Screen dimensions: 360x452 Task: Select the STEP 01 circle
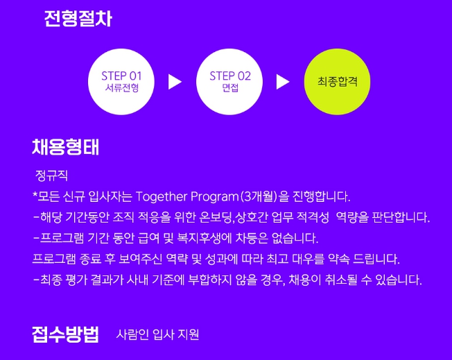122,81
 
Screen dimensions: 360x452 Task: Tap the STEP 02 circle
230,81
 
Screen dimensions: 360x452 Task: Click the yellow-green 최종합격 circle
338,81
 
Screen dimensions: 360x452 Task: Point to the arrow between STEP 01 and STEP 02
175,82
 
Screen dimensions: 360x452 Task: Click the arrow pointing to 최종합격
283,82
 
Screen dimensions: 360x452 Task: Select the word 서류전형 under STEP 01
122,89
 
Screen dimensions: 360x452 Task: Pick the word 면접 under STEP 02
230,89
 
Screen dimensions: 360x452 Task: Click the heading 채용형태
66,147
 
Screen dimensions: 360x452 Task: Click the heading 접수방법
66,334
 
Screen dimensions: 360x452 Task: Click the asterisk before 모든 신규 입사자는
35,196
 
